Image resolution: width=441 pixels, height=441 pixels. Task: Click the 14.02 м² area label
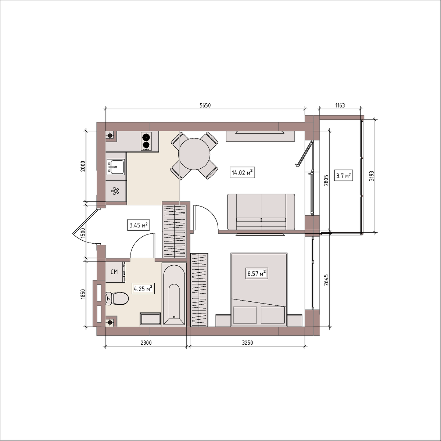(242, 173)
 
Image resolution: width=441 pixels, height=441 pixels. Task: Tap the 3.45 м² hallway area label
(138, 225)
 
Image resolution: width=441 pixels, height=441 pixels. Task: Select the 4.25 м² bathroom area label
(143, 288)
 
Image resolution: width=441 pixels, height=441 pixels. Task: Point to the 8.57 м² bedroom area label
(257, 273)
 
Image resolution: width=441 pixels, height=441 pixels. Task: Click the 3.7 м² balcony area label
(343, 176)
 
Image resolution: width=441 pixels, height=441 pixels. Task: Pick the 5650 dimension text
(205, 105)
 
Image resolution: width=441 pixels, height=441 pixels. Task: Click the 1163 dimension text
(340, 105)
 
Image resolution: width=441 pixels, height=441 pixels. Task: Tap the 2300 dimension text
(146, 343)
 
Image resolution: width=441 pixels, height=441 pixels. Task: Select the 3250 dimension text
(247, 343)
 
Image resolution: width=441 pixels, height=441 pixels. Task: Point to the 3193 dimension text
(372, 176)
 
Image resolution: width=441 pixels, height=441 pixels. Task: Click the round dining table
(194, 154)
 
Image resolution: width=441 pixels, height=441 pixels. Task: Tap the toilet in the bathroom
(117, 298)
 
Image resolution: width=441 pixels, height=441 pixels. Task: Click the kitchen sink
(115, 167)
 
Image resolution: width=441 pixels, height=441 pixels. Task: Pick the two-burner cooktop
(147, 141)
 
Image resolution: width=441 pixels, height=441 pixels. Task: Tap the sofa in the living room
(261, 212)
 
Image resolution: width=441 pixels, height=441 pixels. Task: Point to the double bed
(259, 289)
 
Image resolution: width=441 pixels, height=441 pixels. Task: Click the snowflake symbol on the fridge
(115, 191)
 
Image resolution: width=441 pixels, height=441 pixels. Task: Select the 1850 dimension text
(83, 294)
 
